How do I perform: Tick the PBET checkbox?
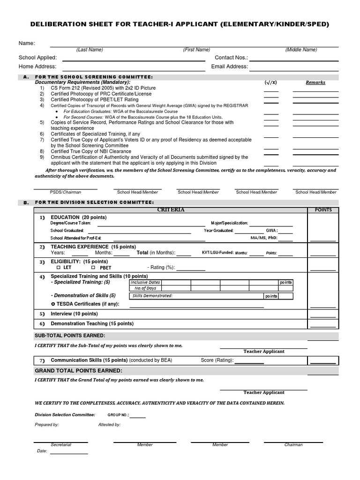tap(93, 267)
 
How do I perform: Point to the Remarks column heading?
tap(315, 82)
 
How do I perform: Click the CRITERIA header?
tap(171, 210)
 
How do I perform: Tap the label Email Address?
tap(229, 67)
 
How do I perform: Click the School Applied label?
tap(37, 58)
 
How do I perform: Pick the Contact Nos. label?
tap(231, 58)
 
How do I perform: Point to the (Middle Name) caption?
tap(301, 50)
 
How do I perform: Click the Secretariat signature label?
tap(61, 445)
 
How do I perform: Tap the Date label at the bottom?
tap(42, 451)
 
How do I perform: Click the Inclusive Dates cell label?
tap(145, 283)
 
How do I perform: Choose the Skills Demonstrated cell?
tap(153, 296)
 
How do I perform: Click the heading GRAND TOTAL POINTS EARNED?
tap(78, 371)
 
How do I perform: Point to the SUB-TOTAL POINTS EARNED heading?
tap(70, 336)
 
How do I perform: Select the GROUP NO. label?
tap(118, 415)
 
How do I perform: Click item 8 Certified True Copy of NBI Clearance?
tap(91, 151)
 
